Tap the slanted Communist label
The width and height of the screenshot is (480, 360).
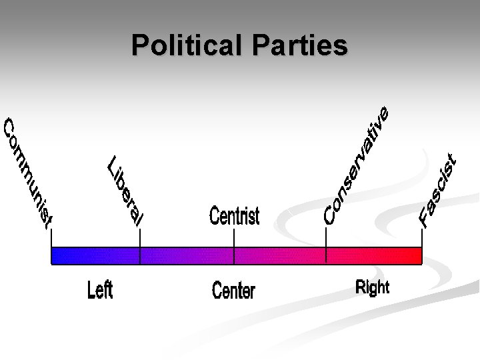click(27, 173)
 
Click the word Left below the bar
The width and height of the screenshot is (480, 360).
click(100, 291)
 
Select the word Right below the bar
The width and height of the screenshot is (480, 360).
click(373, 287)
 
